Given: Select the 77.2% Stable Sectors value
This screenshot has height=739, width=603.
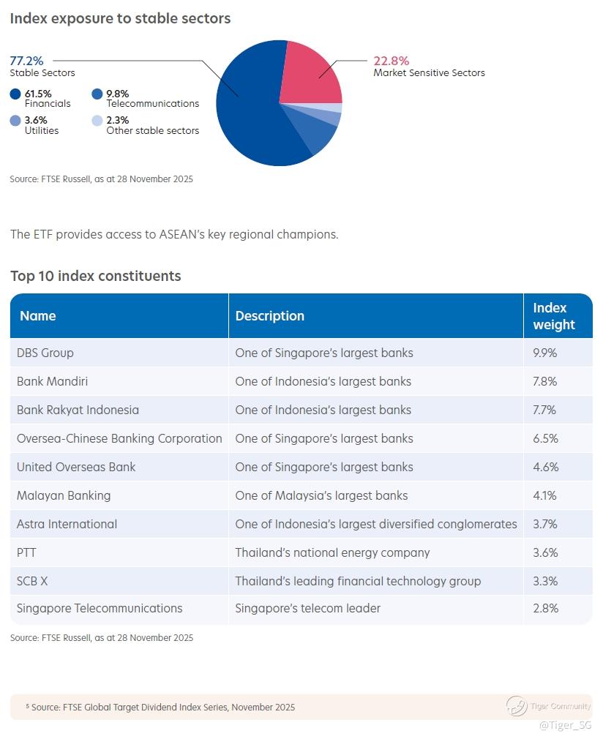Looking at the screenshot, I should click(x=27, y=61).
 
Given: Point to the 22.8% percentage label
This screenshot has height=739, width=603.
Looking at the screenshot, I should click(x=392, y=61).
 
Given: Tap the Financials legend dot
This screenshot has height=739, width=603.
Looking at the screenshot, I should click(x=15, y=94).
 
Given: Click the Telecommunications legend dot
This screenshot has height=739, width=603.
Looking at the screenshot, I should click(x=97, y=94).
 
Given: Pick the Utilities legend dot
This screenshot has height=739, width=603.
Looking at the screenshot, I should click(x=15, y=121).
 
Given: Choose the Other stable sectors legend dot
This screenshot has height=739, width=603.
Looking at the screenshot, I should click(x=97, y=121).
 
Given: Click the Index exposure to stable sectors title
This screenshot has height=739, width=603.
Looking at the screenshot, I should click(x=120, y=18).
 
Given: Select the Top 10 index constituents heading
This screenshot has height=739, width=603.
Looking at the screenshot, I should click(x=96, y=276).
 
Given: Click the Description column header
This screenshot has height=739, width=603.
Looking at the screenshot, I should click(x=269, y=316).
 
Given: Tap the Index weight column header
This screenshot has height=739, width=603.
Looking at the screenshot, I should click(x=553, y=316).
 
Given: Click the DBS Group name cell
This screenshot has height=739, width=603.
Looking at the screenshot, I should click(x=45, y=353).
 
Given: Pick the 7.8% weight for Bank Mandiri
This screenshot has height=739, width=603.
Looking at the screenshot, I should click(x=545, y=381).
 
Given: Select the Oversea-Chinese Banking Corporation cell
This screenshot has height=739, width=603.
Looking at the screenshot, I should click(x=119, y=438).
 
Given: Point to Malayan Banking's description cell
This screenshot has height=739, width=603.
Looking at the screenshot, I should click(x=321, y=495).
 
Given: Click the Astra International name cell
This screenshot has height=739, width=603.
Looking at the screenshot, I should click(x=67, y=524).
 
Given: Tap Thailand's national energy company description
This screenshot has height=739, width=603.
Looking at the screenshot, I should click(x=332, y=552).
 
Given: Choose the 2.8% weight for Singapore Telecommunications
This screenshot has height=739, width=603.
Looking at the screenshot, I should click(x=545, y=608).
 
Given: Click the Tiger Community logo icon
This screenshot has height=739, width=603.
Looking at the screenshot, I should click(x=517, y=706).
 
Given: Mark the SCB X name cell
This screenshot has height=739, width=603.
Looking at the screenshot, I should click(x=32, y=581).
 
